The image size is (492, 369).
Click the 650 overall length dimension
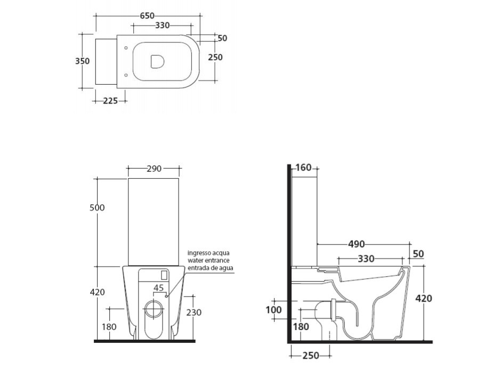point(147,15)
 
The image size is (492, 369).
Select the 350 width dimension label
point(82,61)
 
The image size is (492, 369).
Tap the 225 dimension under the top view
point(110,101)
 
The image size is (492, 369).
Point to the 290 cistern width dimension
point(154,169)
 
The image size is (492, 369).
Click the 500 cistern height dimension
point(97,207)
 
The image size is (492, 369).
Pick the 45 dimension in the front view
point(159,288)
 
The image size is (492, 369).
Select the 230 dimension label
point(193,312)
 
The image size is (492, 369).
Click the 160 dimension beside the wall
point(304,167)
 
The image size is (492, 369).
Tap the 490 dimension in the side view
point(357,244)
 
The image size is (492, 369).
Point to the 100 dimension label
point(273,310)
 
